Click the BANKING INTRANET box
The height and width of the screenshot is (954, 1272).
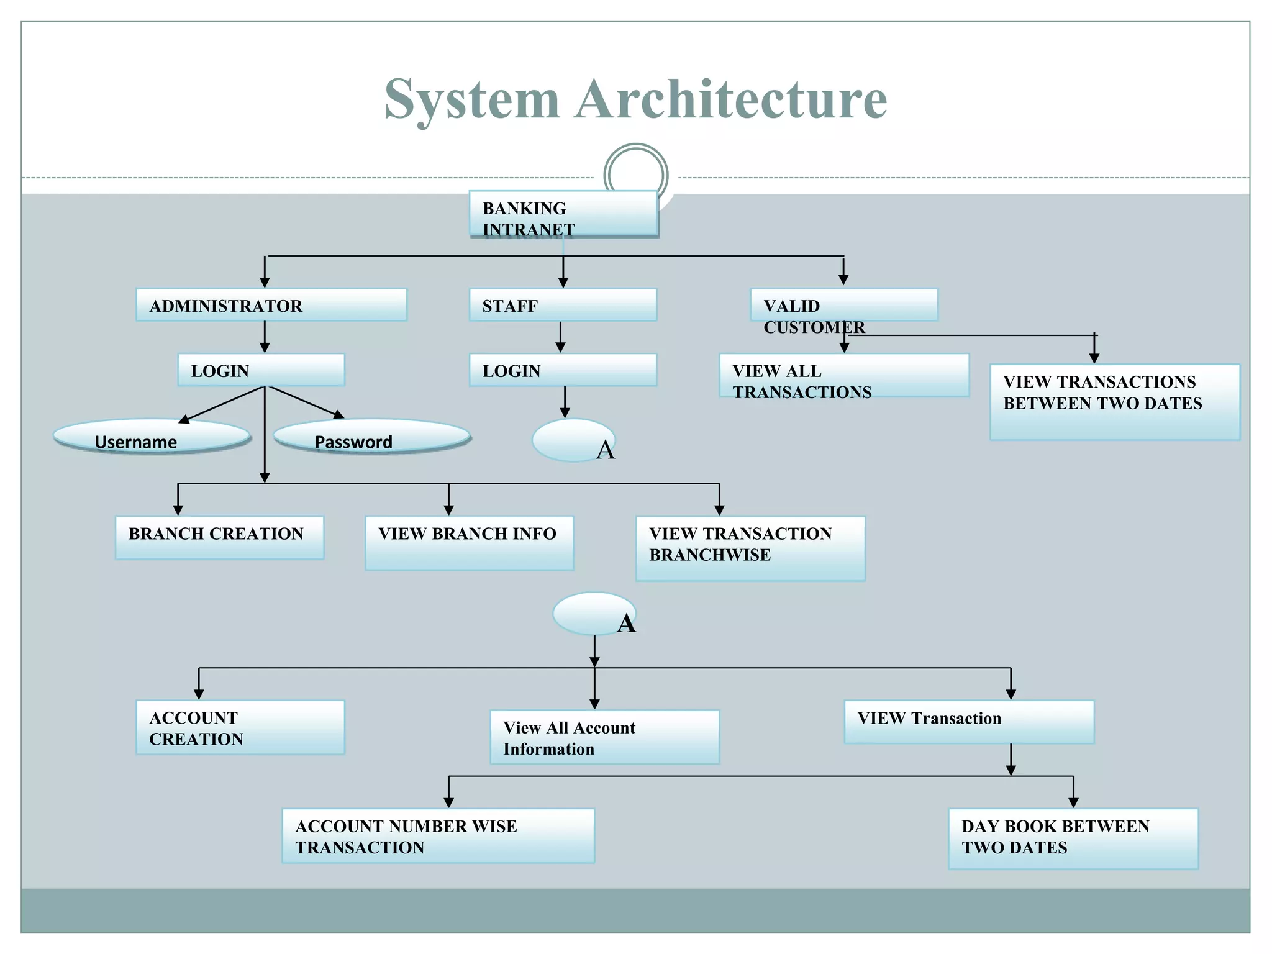563,214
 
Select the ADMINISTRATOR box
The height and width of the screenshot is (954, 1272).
271,305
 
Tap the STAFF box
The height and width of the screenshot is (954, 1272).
563,305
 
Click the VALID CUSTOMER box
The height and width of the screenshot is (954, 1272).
843,305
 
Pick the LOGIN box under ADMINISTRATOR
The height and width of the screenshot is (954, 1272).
261,370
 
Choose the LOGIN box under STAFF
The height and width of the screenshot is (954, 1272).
563,370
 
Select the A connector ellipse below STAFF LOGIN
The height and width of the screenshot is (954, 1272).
573,440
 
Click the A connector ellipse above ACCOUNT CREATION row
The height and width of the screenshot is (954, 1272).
594,614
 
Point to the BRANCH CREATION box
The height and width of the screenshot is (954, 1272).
219,537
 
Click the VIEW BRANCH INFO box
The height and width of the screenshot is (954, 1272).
469,543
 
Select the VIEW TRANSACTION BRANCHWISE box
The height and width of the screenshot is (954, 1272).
750,548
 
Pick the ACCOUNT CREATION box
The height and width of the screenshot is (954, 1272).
240,727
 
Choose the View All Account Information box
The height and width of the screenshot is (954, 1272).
604,737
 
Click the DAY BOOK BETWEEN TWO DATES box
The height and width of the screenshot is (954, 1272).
1073,838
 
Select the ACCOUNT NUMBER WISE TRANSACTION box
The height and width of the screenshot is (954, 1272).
438,836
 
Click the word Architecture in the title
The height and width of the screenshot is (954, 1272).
730,99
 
